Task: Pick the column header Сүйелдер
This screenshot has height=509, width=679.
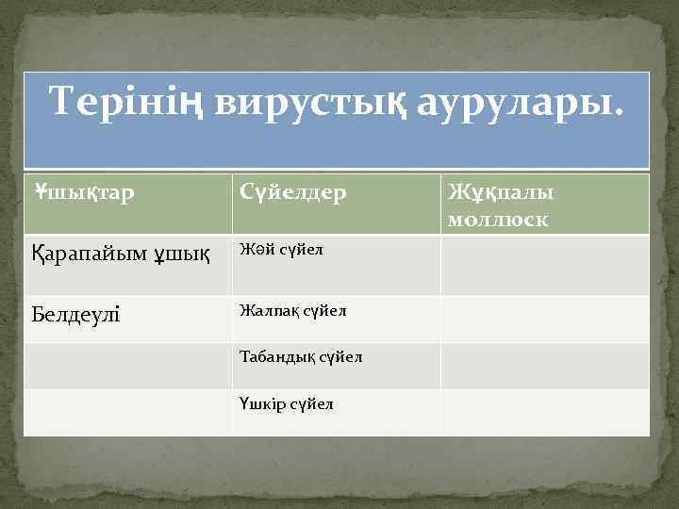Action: click(292, 192)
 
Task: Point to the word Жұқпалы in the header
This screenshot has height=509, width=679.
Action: click(501, 192)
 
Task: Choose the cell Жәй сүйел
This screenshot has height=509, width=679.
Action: click(282, 250)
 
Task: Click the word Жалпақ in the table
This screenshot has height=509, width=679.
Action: click(267, 310)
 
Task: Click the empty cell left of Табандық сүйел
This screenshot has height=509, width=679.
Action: click(128, 366)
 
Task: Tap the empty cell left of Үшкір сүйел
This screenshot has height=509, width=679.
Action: click(128, 412)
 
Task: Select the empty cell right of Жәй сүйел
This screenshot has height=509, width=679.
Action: click(545, 265)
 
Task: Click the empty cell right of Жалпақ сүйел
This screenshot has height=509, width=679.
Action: click(545, 319)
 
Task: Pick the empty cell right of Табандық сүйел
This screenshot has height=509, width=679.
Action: click(545, 366)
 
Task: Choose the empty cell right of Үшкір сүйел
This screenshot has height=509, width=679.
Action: click(545, 412)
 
